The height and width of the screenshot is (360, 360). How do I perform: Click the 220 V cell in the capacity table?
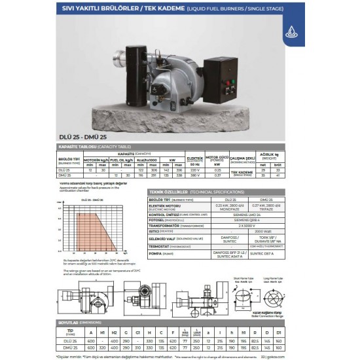pyautogui.click(x=194, y=169)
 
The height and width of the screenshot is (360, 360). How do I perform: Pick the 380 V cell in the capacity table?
pyautogui.click(x=194, y=175)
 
